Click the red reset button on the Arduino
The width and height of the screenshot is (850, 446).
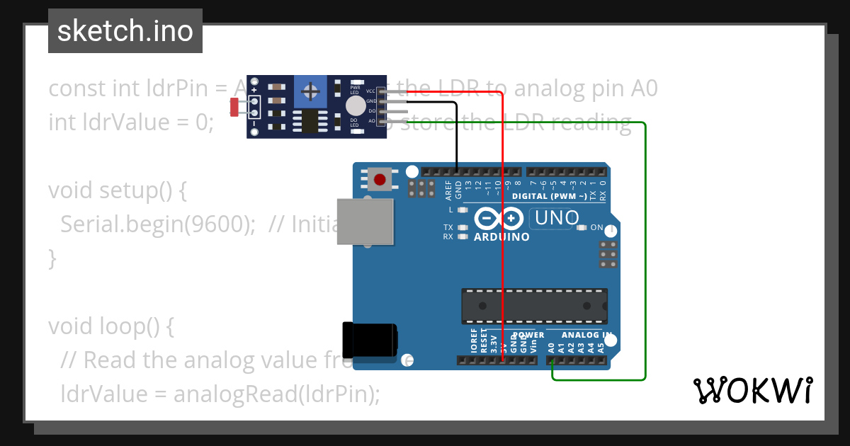point(380,179)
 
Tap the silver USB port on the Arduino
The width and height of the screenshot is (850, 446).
point(365,222)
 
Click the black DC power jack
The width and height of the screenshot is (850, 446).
point(369,340)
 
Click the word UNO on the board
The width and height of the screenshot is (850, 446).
point(557,219)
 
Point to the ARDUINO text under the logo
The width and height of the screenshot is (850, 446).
point(501,237)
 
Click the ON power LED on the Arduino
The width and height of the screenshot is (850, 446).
point(582,228)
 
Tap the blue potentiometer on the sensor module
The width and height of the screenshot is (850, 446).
point(310,91)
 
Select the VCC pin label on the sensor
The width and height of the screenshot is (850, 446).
point(370,91)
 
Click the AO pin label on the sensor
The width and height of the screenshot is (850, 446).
point(371,121)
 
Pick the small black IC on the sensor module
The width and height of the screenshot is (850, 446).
point(310,121)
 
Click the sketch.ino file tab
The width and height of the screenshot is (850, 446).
point(125,31)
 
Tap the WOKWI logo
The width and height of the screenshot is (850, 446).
point(752,390)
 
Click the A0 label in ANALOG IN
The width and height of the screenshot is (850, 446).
point(551,347)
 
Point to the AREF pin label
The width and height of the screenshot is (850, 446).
point(448,190)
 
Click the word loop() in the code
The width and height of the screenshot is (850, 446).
point(138,326)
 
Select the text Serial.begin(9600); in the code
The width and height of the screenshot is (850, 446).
point(158,224)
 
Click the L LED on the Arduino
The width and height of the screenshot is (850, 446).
point(463,210)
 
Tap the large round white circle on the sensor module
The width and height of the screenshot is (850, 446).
point(356,106)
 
